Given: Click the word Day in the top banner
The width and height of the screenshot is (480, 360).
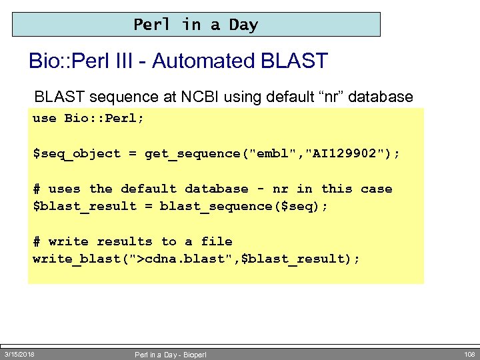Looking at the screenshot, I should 243,25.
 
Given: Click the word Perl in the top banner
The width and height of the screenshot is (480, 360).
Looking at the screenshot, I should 152,25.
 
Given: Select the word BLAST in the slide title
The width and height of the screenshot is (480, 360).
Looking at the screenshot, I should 295,61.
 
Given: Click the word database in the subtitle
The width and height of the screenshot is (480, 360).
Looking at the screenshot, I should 381,97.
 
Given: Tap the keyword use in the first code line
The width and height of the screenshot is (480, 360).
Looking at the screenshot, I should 45,118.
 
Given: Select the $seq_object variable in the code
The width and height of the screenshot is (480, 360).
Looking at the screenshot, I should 77,153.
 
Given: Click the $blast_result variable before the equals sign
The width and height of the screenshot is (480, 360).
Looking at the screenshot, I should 77,206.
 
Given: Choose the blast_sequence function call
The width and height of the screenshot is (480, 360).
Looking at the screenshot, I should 213,206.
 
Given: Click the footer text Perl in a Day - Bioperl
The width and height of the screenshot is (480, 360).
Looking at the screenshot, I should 170,355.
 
